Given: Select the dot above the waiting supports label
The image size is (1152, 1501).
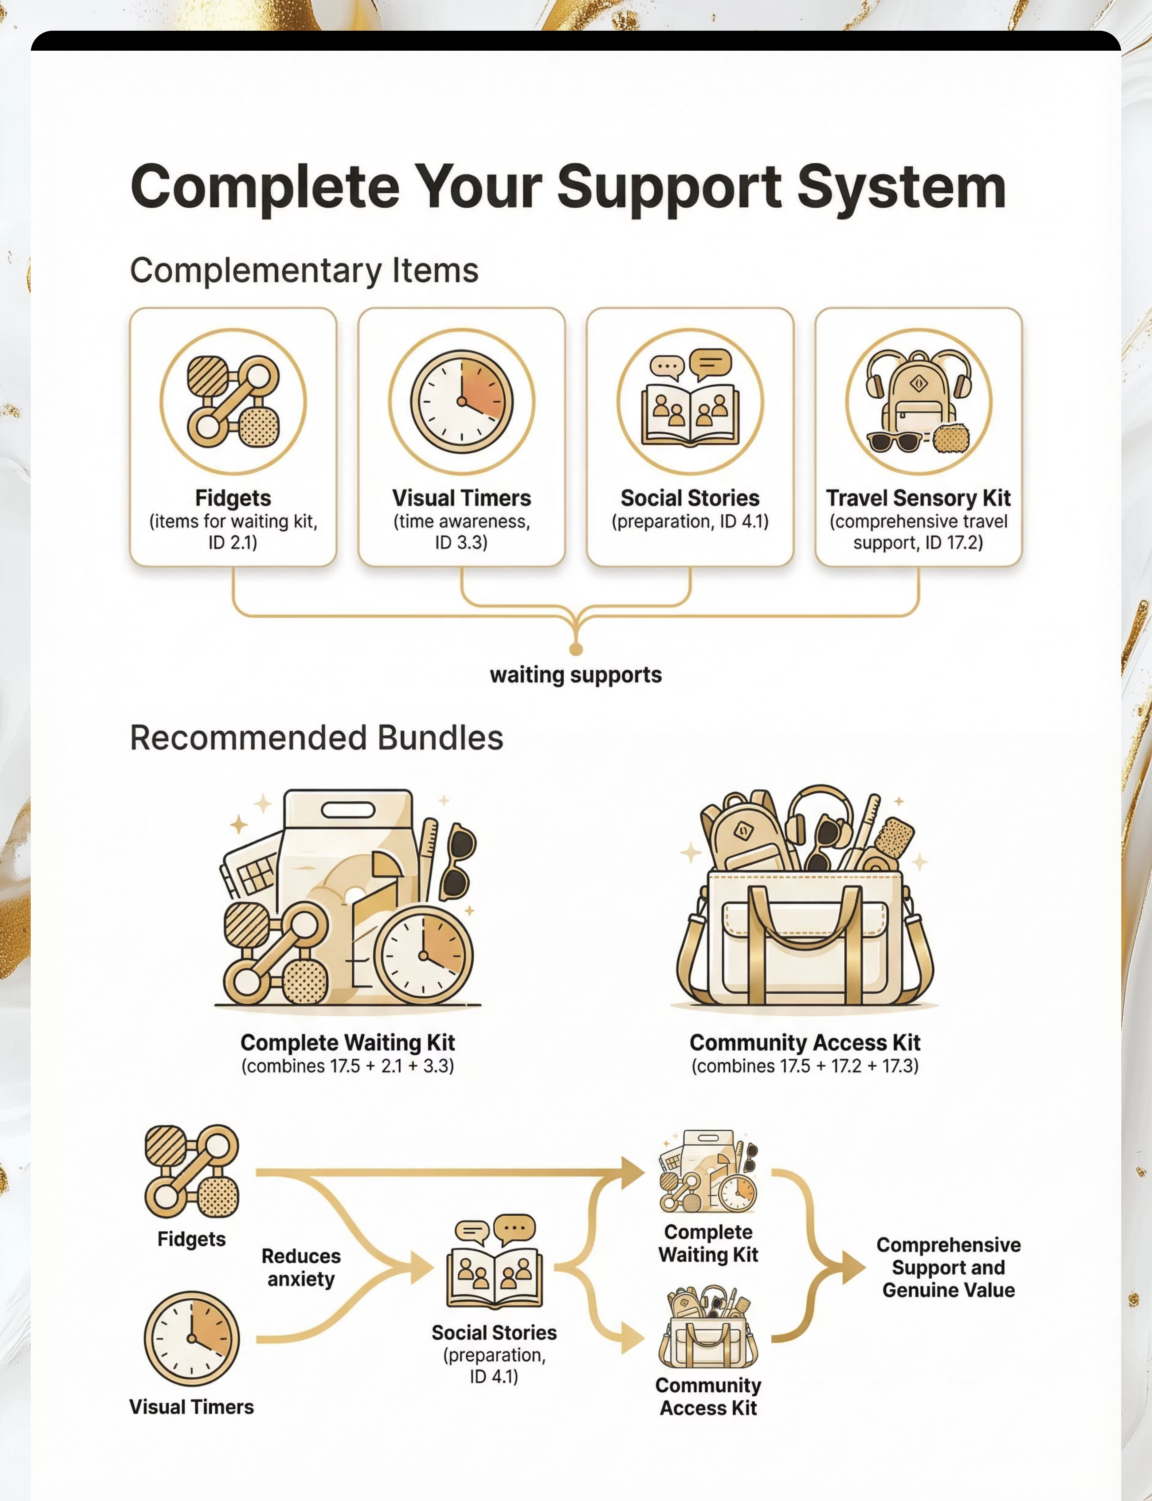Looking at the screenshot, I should point(576,648).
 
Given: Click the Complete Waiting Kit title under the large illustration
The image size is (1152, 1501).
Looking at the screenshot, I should point(348,1042).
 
